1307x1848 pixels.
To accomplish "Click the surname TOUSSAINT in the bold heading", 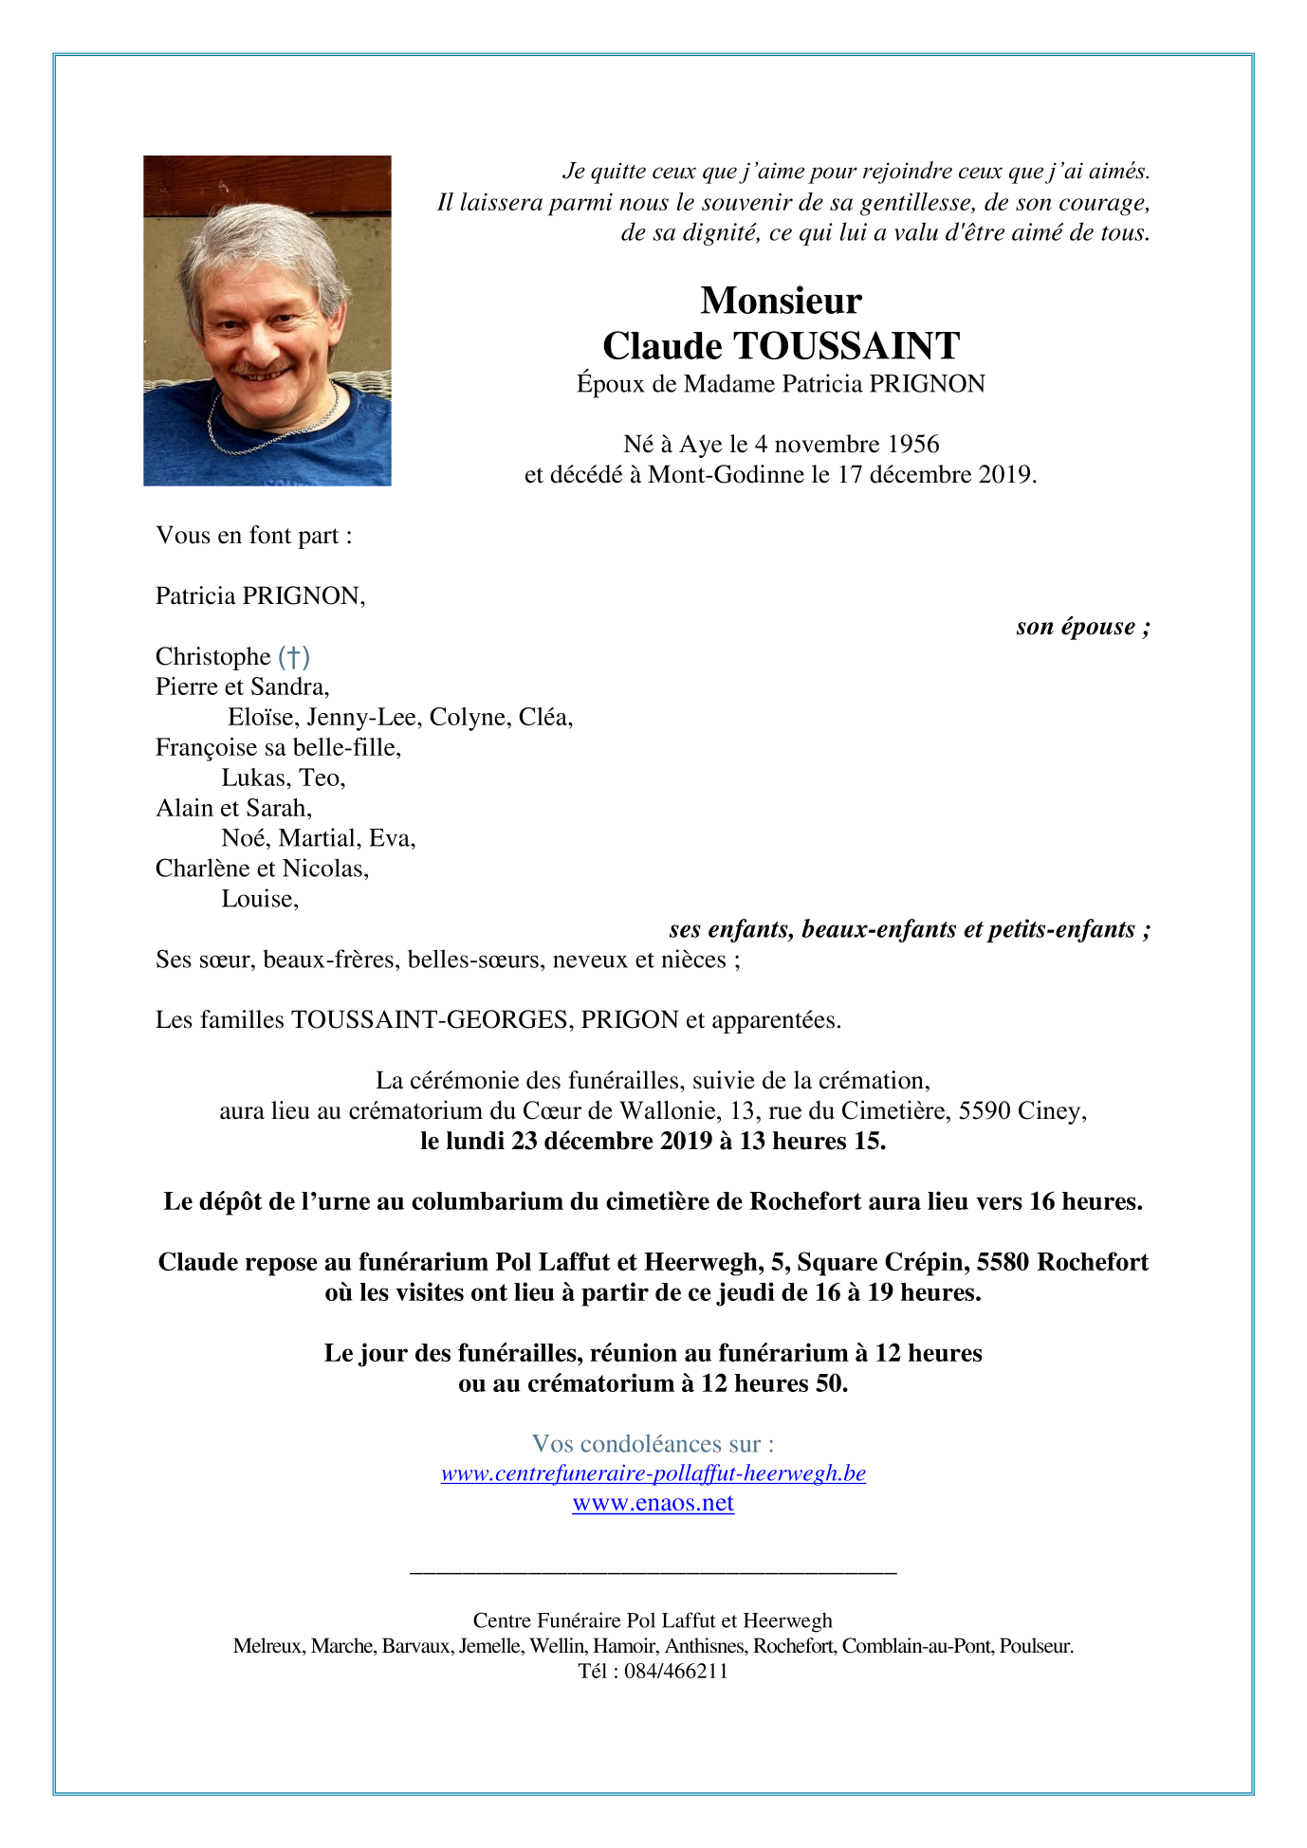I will [846, 346].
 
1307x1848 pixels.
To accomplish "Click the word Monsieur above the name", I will [781, 301].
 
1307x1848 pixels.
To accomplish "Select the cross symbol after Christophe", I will [294, 656].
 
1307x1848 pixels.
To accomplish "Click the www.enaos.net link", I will [653, 1503].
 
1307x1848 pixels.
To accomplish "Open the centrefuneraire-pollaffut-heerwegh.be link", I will [653, 1473].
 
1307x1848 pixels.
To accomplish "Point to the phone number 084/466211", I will [675, 1671].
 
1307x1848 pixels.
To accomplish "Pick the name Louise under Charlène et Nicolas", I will [259, 899].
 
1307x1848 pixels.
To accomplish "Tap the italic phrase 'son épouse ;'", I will [1082, 627].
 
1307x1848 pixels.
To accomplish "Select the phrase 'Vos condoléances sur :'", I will [653, 1443].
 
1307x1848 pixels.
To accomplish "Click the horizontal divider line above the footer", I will [653, 1573].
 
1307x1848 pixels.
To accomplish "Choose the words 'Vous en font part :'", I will [254, 536].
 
